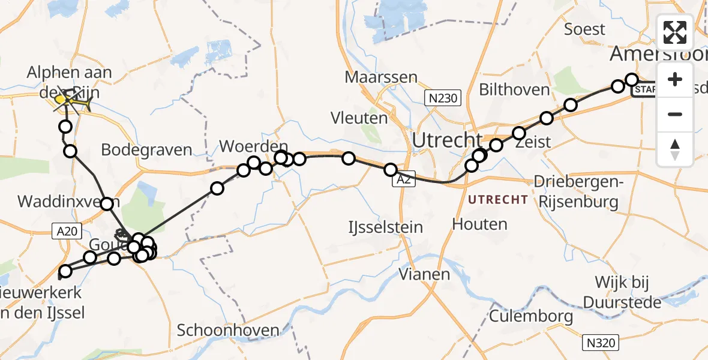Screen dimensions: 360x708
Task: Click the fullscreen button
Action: pos(675,32)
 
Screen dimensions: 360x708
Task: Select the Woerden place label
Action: pos(254,146)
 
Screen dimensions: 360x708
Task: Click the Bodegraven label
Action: pos(146,150)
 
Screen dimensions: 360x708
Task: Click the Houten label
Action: pos(479,224)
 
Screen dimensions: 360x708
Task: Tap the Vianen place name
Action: pos(425,275)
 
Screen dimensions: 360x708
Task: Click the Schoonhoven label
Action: pos(228,330)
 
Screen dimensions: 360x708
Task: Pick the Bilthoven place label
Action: pos(514,90)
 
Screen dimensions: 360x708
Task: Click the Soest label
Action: pos(585,28)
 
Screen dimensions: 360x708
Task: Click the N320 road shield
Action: pos(600,343)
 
